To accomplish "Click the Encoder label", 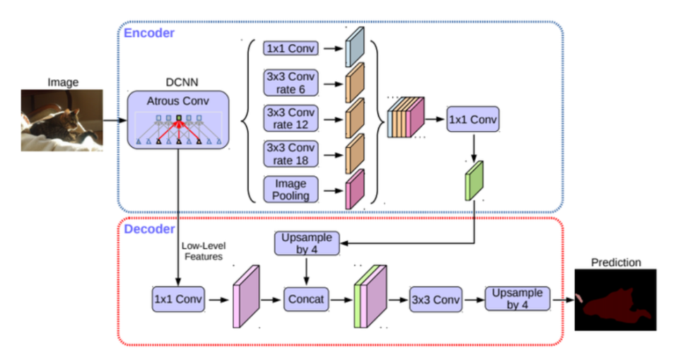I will pyautogui.click(x=149, y=33).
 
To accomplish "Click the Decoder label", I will pyautogui.click(x=149, y=229).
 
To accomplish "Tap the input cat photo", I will pyautogui.click(x=63, y=120).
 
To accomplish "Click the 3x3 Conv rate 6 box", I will pyautogui.click(x=291, y=82).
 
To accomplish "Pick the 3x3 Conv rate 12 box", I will pyautogui.click(x=291, y=117).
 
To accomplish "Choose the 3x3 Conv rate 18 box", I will pyautogui.click(x=291, y=153).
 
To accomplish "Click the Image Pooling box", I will pyautogui.click(x=291, y=189).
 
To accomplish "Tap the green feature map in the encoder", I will pyautogui.click(x=473, y=180).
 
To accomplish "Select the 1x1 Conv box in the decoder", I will pyautogui.click(x=178, y=299).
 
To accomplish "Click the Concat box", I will pyautogui.click(x=306, y=299).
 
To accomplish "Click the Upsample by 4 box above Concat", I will pyautogui.click(x=306, y=243).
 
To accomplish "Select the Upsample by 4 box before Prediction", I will pyautogui.click(x=517, y=298).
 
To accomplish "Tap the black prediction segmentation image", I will pyautogui.click(x=614, y=300).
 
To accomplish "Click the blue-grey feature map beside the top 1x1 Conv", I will pyautogui.click(x=354, y=48).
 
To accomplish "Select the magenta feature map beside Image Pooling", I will pyautogui.click(x=354, y=189).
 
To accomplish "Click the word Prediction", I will pyautogui.click(x=614, y=262).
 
